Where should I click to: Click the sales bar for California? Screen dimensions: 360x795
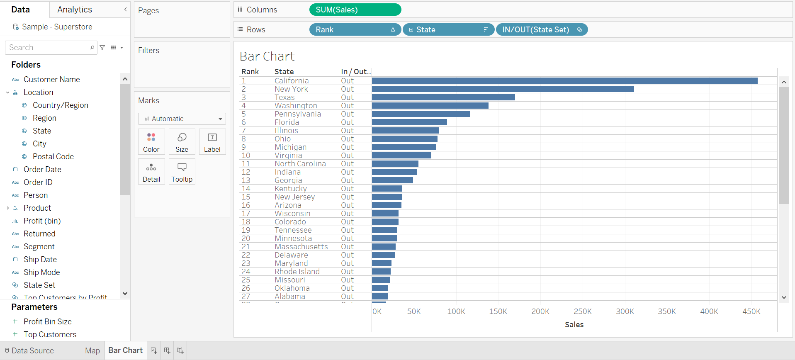pyautogui.click(x=564, y=81)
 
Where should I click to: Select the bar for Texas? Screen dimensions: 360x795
pyautogui.click(x=443, y=97)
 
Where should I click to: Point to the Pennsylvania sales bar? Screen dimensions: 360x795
pyautogui.click(x=421, y=114)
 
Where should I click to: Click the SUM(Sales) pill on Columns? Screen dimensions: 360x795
pyautogui.click(x=355, y=10)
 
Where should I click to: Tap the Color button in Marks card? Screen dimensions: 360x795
pyautogui.click(x=151, y=142)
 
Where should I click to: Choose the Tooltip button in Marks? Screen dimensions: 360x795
pyautogui.click(x=182, y=172)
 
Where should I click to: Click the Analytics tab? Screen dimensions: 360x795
pyautogui.click(x=75, y=10)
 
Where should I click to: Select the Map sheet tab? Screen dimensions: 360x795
pyautogui.click(x=92, y=350)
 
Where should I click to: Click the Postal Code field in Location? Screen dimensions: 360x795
pyautogui.click(x=53, y=156)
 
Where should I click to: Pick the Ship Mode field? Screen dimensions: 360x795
pyautogui.click(x=41, y=272)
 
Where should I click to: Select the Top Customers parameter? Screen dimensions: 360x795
pyautogui.click(x=50, y=334)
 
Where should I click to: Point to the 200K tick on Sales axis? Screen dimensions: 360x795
pyautogui.click(x=540, y=311)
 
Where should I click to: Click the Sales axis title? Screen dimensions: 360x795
pyautogui.click(x=574, y=325)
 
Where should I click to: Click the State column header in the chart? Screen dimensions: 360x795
pyautogui.click(x=284, y=72)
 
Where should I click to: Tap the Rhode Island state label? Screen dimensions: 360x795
pyautogui.click(x=297, y=272)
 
